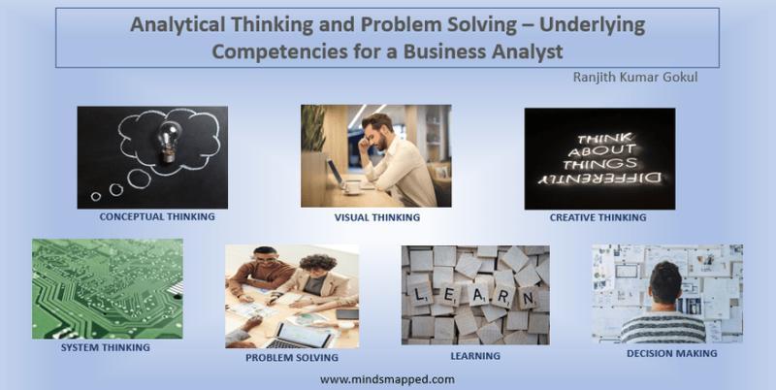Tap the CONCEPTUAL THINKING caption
[x=157, y=216]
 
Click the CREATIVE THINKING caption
[x=599, y=217]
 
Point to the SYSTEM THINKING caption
[x=105, y=346]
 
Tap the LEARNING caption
[x=475, y=356]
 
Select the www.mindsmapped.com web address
[x=386, y=379]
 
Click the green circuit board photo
[x=107, y=288]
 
